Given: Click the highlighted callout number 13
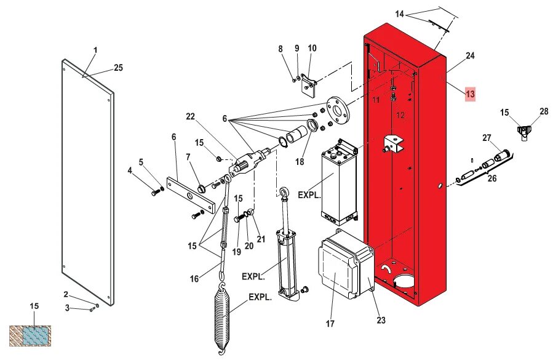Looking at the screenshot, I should pyautogui.click(x=470, y=94).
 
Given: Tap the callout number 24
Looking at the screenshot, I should pyautogui.click(x=470, y=55).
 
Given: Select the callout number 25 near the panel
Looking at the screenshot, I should pyautogui.click(x=118, y=68).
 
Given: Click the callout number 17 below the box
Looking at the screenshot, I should pyautogui.click(x=330, y=323).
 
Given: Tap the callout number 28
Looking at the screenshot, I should pyautogui.click(x=543, y=111).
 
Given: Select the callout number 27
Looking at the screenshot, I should pyautogui.click(x=487, y=138).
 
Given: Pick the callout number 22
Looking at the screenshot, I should pyautogui.click(x=190, y=117).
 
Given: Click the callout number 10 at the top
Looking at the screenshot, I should pyautogui.click(x=312, y=49).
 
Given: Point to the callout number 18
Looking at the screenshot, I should pyautogui.click(x=300, y=162).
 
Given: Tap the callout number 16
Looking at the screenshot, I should pyautogui.click(x=194, y=279).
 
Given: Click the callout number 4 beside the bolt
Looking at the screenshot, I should pyautogui.click(x=130, y=170).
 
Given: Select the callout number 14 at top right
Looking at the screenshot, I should pyautogui.click(x=400, y=14).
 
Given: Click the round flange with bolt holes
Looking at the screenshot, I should pyautogui.click(x=337, y=110).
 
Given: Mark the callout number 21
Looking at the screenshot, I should pyautogui.click(x=260, y=239).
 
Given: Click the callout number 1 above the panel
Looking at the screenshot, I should pyautogui.click(x=95, y=50).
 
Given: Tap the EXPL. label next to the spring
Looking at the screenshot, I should pyautogui.click(x=260, y=297).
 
